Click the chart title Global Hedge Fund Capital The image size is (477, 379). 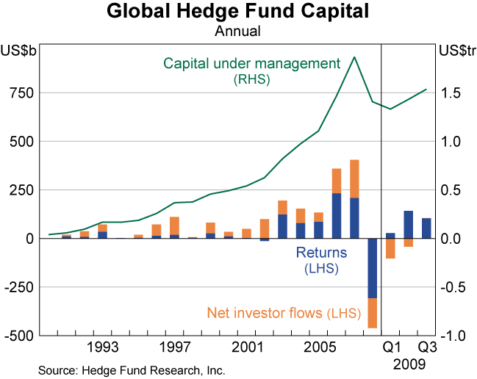coord(237,12)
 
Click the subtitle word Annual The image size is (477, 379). coord(237,32)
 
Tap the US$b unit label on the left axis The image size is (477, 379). coord(19,51)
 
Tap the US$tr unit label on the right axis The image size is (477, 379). coord(456,51)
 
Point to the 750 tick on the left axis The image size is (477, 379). coord(22,93)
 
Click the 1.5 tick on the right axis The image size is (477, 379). coord(451,93)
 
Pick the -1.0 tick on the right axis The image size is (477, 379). coord(449,336)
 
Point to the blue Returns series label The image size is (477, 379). coord(321,253)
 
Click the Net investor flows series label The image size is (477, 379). coord(283,314)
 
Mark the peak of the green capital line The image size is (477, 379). coord(354,57)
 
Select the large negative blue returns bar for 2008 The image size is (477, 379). coord(372,267)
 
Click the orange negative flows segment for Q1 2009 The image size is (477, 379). coord(390,248)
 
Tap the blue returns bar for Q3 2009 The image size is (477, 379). coord(426,228)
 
